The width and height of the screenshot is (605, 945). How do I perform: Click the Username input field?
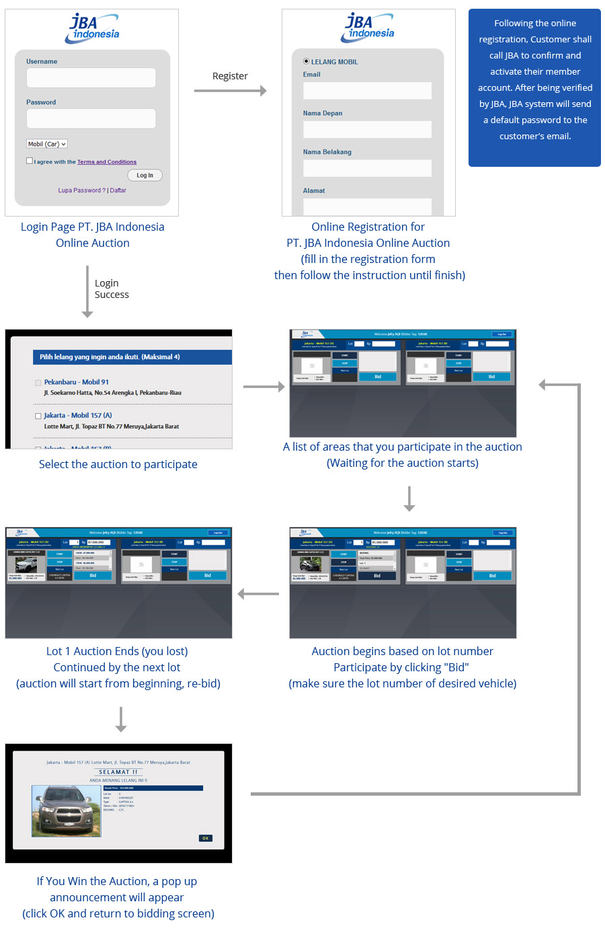tap(91, 77)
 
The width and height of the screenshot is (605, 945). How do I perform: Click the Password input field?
tap(91, 118)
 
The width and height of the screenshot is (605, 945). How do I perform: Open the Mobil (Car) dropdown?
tap(46, 144)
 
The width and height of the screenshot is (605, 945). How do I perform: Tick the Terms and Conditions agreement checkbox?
tap(30, 161)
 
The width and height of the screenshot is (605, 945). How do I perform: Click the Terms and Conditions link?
tap(106, 162)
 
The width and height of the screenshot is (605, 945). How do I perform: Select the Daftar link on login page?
tap(118, 190)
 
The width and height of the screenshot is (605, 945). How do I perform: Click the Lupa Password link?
tap(81, 190)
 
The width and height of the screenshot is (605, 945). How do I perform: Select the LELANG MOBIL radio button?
tap(307, 61)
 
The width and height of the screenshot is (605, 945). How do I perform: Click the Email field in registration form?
tap(367, 91)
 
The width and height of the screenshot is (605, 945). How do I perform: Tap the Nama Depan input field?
tap(367, 130)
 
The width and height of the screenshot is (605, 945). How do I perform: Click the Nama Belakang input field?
tap(367, 168)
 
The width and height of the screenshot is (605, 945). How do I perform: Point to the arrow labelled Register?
tap(230, 91)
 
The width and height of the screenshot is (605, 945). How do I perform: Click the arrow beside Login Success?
tap(87, 291)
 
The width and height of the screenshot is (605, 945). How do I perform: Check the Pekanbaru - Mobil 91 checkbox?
tap(38, 383)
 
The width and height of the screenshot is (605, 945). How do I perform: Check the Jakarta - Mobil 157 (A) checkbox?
tap(38, 416)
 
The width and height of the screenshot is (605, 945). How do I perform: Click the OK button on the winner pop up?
tap(205, 838)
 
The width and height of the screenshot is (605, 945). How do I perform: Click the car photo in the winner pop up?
tap(67, 810)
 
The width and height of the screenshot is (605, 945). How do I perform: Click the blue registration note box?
tap(534, 87)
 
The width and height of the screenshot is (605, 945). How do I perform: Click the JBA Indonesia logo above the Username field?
tap(93, 28)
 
